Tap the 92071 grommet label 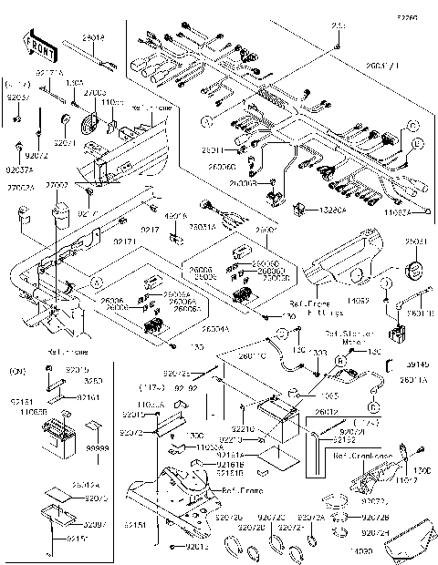click(x=65, y=143)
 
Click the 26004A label click(x=215, y=327)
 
